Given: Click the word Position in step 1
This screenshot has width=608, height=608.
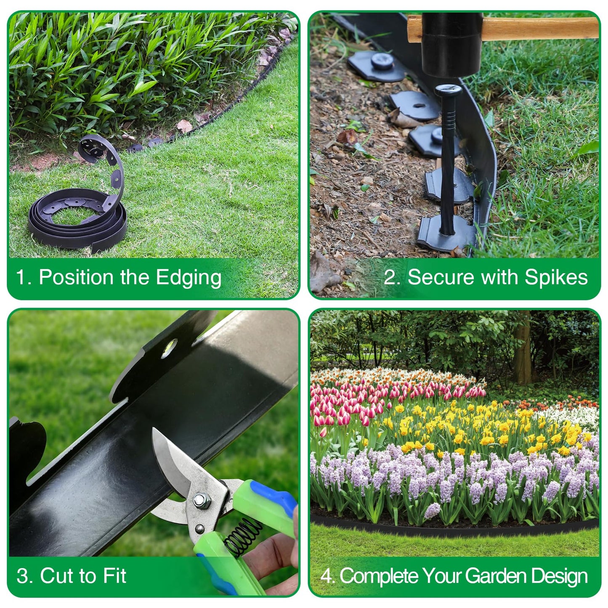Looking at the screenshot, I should point(76,278).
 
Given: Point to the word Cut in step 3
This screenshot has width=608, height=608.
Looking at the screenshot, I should point(56,575).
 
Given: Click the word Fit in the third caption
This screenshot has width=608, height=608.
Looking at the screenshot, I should point(114,575).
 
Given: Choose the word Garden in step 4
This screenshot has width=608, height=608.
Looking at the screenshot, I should point(496,576).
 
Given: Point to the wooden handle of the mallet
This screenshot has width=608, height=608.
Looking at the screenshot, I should point(539,28).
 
